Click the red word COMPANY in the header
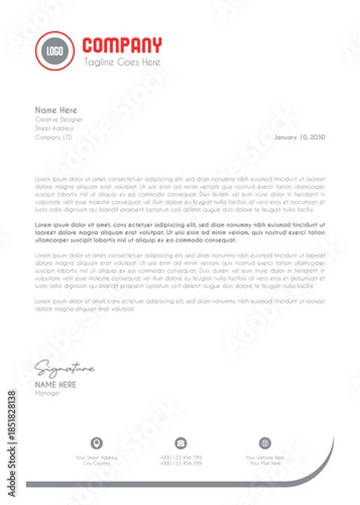tap(123, 45)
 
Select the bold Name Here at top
tap(56, 110)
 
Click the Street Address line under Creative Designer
tap(54, 128)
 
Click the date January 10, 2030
tap(299, 136)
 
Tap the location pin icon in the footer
tap(97, 443)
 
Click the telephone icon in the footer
tap(180, 443)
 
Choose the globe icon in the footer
tap(265, 443)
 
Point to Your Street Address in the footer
tap(97, 457)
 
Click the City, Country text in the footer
tap(97, 463)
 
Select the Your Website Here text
tap(265, 457)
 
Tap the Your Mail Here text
tap(265, 463)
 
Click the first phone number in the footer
tap(180, 457)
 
